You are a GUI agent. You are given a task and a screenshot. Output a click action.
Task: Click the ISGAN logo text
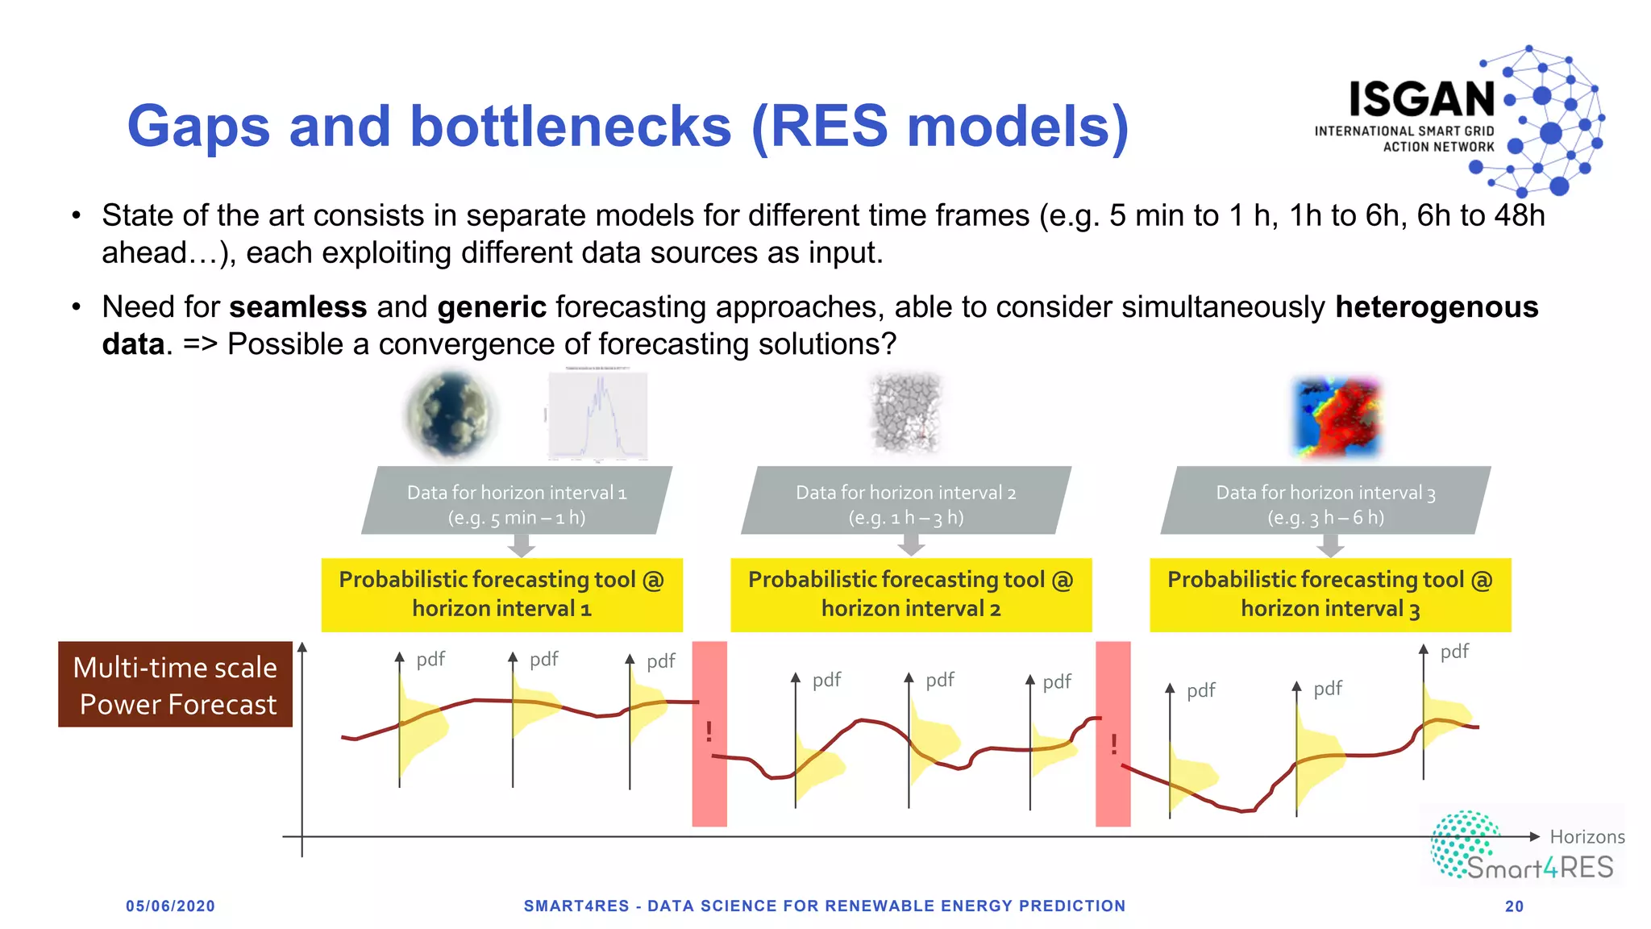pos(1422,100)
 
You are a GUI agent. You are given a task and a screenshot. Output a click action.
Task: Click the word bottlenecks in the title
pos(570,127)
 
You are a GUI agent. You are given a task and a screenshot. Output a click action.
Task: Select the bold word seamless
pos(297,307)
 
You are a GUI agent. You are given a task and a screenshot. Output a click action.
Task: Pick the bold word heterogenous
pos(1436,307)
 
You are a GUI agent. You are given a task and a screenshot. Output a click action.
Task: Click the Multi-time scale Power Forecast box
pos(175,685)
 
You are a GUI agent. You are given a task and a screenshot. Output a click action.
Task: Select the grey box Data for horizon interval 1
pos(517,503)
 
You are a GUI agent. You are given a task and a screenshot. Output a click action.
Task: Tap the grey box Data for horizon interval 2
pos(905,503)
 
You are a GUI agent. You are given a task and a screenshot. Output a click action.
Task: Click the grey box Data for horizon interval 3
pos(1325,503)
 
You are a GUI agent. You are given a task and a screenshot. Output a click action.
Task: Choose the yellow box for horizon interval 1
pos(501,594)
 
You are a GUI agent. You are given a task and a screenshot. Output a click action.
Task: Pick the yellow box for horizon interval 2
pos(911,594)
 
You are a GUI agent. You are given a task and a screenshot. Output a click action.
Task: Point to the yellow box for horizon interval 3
pos(1330,594)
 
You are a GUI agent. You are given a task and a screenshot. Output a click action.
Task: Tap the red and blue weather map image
pos(1337,417)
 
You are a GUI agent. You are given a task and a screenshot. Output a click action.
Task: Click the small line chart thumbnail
pos(597,416)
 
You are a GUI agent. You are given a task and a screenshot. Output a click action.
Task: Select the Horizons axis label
pos(1587,837)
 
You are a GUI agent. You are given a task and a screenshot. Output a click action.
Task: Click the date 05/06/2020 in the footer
pos(170,906)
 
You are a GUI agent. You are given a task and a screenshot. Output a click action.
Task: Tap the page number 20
pos(1514,906)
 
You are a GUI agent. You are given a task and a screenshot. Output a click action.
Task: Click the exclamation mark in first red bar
pos(709,731)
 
